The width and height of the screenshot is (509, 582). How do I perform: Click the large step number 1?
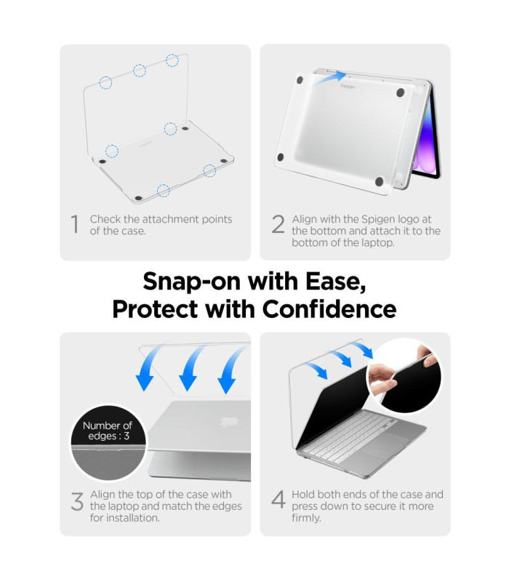point(75,224)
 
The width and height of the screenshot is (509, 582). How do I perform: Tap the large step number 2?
point(278,224)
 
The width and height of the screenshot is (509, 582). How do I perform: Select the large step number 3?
point(77,501)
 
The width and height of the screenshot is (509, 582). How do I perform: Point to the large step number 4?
point(278,499)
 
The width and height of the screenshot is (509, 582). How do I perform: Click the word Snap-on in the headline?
point(192,282)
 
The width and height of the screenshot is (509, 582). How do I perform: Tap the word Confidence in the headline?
point(329,308)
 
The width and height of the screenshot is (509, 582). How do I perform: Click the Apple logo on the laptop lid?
point(228,421)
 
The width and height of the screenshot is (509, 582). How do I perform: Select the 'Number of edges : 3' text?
point(108,431)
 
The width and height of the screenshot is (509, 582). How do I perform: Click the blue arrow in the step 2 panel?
point(329,79)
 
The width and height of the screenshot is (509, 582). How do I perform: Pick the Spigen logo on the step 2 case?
point(348,87)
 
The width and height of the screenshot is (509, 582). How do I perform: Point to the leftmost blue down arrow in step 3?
point(151,367)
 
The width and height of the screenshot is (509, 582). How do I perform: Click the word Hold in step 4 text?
point(303,495)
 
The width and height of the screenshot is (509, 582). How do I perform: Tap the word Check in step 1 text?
point(105,219)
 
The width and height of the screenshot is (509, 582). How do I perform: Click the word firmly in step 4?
point(306,518)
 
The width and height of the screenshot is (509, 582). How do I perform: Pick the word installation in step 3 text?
point(135,518)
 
